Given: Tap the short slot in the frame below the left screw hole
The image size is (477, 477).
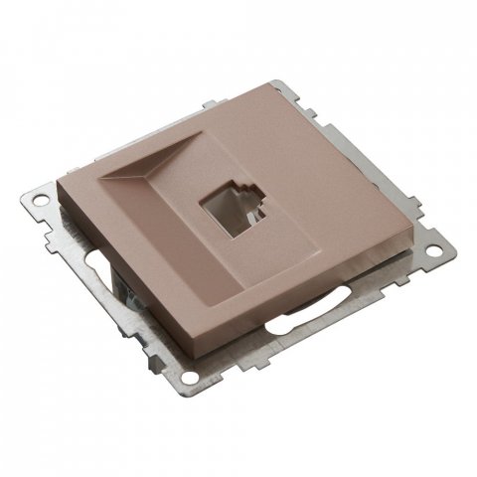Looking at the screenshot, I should pyautogui.click(x=86, y=265).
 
